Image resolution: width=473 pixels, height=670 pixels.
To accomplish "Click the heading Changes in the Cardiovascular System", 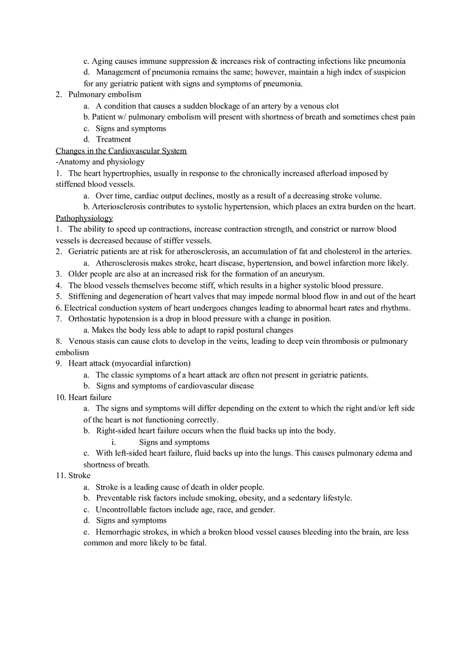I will [121, 151].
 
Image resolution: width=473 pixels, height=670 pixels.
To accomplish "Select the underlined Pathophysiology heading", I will [84, 218].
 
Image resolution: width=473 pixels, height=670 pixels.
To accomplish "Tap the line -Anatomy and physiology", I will [100, 162].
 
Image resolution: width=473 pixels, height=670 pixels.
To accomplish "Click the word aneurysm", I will [307, 274].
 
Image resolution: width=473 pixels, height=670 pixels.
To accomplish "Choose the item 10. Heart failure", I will [84, 398].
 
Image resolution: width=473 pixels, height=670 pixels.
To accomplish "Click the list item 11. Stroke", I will [73, 476].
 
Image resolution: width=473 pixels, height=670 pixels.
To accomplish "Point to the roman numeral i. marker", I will [114, 442].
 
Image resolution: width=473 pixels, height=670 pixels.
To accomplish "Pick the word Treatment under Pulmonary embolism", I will [113, 140].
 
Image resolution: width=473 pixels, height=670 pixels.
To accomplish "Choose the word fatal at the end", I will [196, 543].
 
